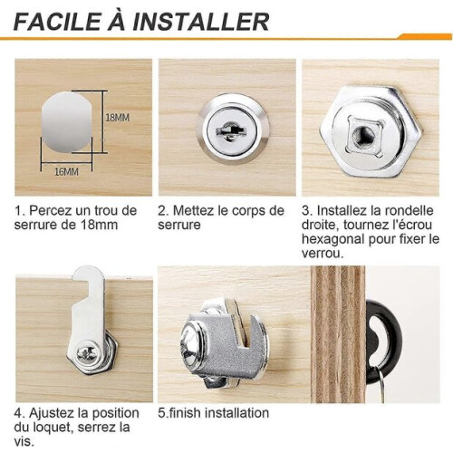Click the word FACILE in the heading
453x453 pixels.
57,22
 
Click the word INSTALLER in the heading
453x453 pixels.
201,22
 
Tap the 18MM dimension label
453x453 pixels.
117,118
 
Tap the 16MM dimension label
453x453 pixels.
66,172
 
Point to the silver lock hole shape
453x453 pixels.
66,121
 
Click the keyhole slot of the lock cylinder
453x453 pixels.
231,130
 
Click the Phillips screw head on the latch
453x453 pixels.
86,354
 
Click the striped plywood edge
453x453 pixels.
338,334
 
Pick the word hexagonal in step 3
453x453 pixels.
333,239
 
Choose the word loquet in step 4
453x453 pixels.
52,428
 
